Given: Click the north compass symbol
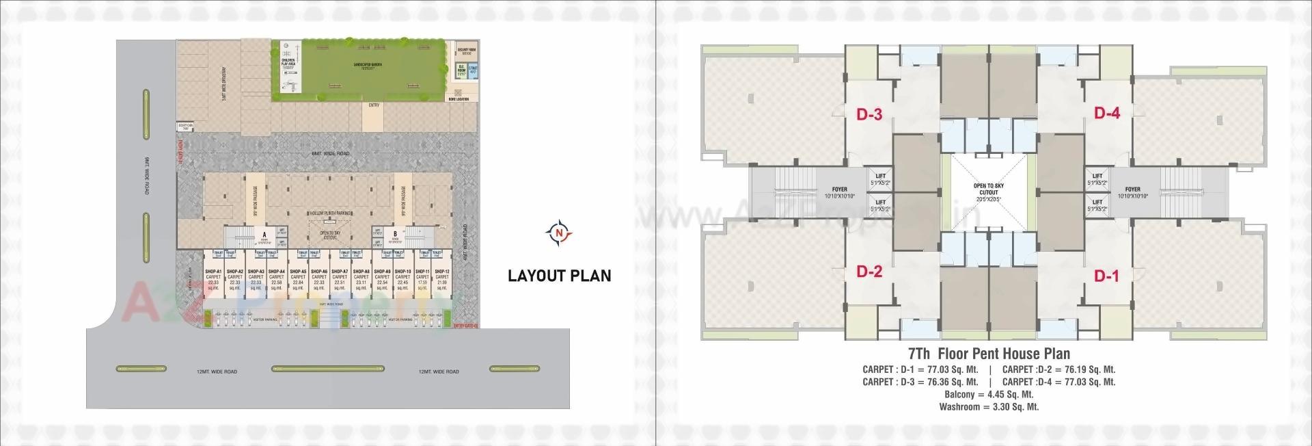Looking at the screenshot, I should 559,233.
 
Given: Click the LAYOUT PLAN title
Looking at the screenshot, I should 559,276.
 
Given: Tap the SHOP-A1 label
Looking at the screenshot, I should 214,272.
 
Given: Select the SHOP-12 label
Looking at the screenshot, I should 441,272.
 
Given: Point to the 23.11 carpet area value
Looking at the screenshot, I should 361,283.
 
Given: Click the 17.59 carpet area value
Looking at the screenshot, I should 423,283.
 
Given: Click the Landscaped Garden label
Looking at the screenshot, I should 368,64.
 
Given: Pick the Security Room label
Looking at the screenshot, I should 467,50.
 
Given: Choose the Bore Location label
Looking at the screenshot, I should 459,99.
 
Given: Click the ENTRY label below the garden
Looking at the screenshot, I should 374,105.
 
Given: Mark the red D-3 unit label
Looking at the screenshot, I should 869,114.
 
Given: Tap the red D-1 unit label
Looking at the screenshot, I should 1106,276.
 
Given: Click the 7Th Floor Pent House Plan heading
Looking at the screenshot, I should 989,354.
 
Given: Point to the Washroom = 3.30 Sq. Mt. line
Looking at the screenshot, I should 989,406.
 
